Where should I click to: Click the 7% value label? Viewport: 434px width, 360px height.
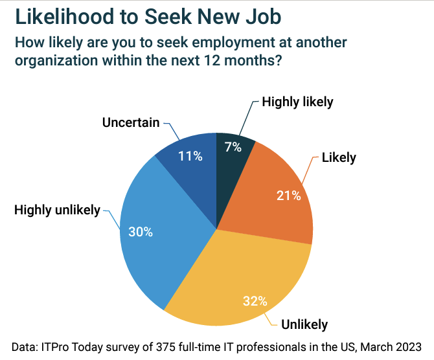[233, 147]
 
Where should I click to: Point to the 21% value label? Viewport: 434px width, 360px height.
[289, 196]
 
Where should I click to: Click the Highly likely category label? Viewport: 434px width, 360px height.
[297, 102]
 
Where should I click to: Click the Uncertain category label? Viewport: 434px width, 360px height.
[131, 122]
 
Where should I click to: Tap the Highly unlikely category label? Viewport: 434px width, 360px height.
[57, 209]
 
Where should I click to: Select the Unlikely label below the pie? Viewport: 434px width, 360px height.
[304, 324]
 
